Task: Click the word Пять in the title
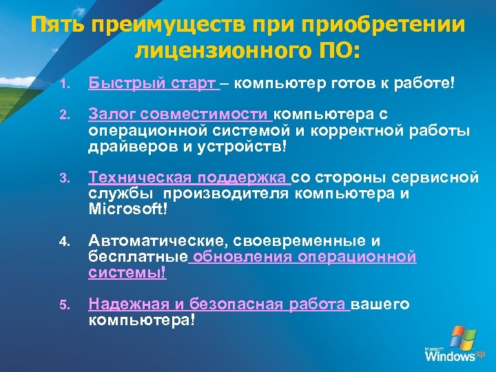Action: click(x=56, y=26)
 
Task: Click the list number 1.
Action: click(x=63, y=85)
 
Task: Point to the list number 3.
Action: click(x=63, y=180)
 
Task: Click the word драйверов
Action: click(x=130, y=147)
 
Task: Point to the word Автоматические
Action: click(x=158, y=241)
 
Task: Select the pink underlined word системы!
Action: click(x=127, y=273)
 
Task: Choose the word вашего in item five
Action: click(x=380, y=304)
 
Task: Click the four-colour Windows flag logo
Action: click(x=462, y=337)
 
